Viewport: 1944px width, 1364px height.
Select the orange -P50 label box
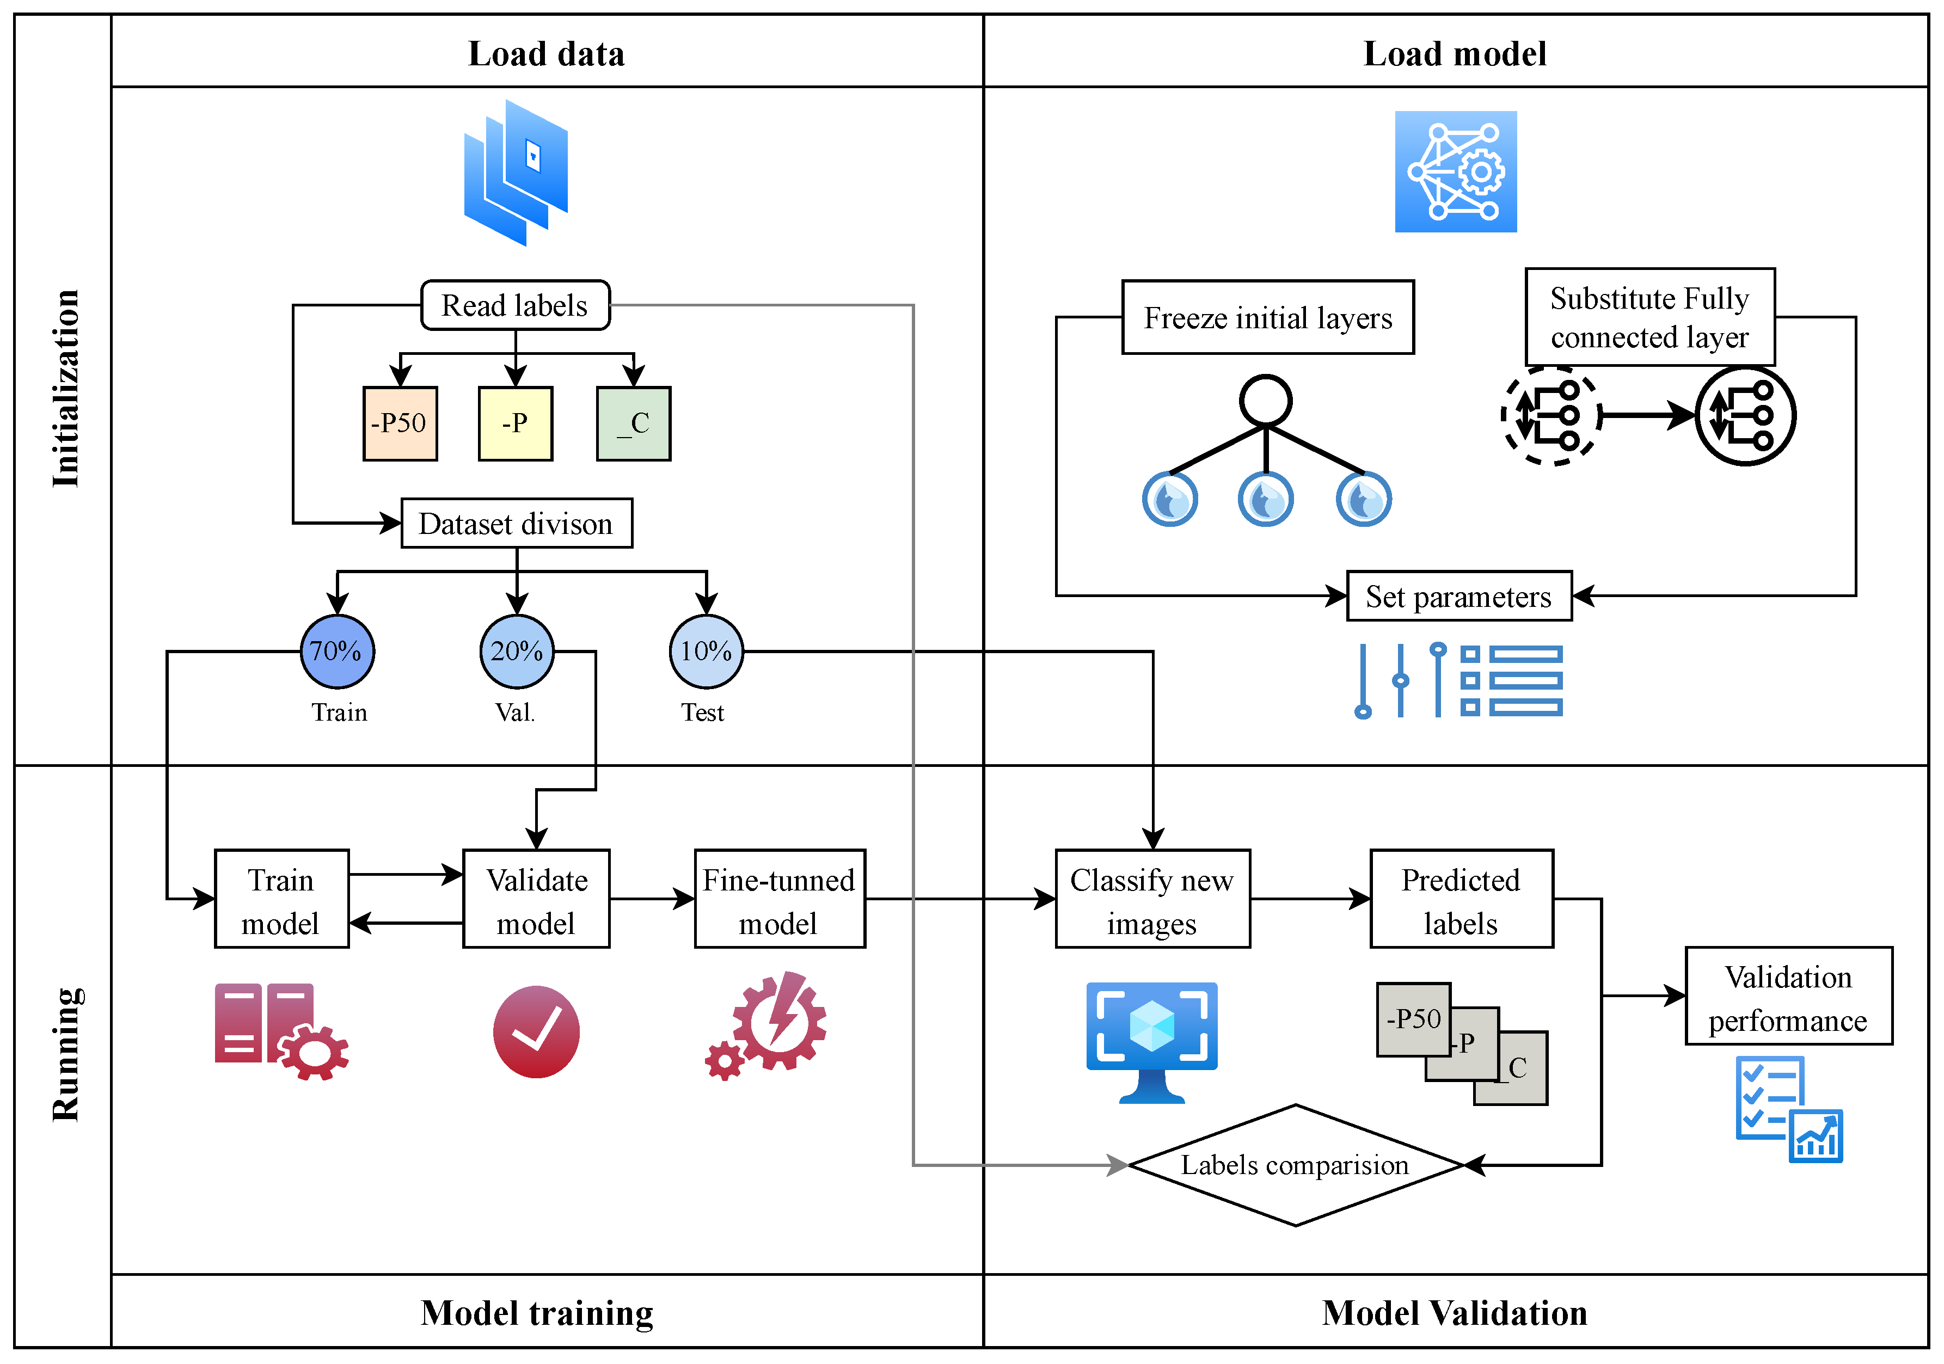400,423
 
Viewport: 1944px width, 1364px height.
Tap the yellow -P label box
515,423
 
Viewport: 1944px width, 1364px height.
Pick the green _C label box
633,423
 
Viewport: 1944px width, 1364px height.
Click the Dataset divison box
517,523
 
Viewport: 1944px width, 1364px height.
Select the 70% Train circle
337,651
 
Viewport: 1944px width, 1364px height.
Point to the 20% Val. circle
517,651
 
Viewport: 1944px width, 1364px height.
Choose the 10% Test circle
706,651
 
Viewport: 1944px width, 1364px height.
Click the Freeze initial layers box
1267,317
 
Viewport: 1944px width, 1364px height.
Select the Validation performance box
1788,997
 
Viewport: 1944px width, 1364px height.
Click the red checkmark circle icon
536,1031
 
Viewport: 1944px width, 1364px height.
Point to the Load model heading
1455,53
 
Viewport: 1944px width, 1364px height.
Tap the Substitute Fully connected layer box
1649,317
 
